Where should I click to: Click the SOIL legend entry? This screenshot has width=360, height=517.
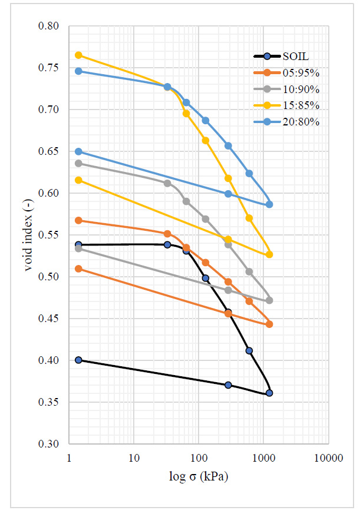coord(295,57)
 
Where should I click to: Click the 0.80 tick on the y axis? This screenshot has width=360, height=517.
coord(49,26)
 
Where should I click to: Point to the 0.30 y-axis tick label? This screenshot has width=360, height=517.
coord(49,444)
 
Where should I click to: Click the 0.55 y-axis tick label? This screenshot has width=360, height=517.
coord(49,236)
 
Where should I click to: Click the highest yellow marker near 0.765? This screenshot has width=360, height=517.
coord(78,55)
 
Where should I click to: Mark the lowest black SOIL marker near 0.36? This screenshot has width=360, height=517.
coord(269,393)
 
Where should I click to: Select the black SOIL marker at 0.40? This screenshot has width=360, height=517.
coord(78,360)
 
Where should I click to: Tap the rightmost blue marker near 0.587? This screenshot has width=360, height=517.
coord(269,204)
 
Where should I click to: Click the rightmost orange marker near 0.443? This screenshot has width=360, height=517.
coord(269,324)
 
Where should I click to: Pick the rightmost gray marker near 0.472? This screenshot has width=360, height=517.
coord(269,300)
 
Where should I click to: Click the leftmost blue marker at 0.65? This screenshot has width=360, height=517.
coord(78,151)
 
